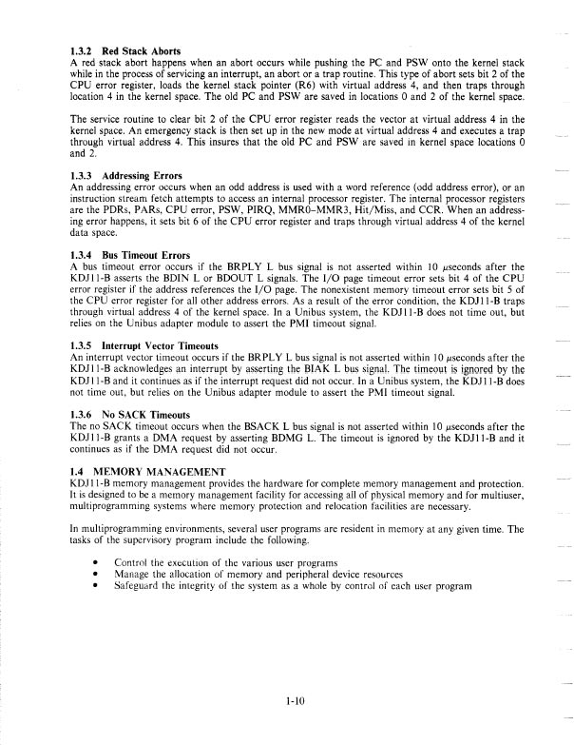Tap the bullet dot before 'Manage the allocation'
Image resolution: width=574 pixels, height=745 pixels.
(95, 575)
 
